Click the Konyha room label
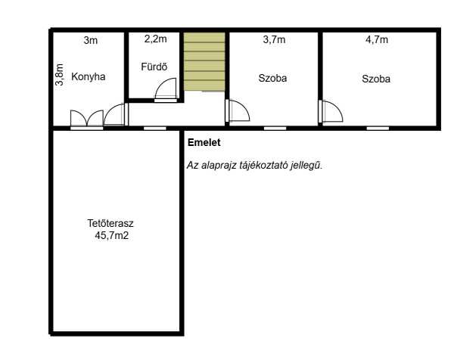pyautogui.click(x=89, y=76)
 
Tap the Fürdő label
pyautogui.click(x=154, y=67)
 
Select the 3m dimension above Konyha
pyautogui.click(x=91, y=40)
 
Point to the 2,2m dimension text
pyautogui.click(x=155, y=39)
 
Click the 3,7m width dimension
pyautogui.click(x=274, y=39)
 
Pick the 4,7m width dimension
pyautogui.click(x=377, y=39)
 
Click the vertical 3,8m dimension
pyautogui.click(x=59, y=75)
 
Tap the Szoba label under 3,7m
pyautogui.click(x=272, y=78)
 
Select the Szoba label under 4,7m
pyautogui.click(x=376, y=79)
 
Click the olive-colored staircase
pyautogui.click(x=204, y=61)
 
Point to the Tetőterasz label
pyautogui.click(x=110, y=223)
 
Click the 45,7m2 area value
pyautogui.click(x=111, y=235)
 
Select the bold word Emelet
pyautogui.click(x=204, y=142)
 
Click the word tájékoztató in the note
pyautogui.click(x=264, y=165)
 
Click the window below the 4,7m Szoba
pyautogui.click(x=378, y=129)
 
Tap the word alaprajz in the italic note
pyautogui.click(x=219, y=166)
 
